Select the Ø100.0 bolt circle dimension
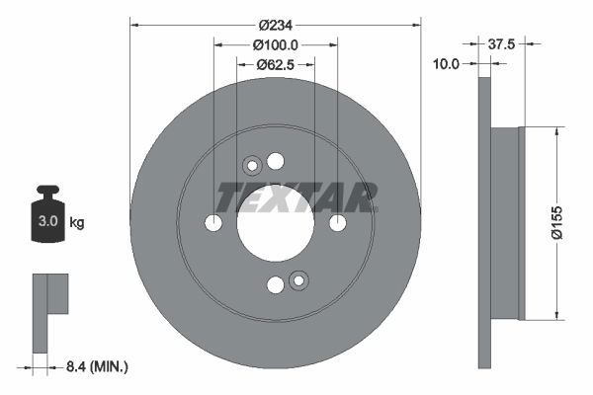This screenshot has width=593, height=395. pyautogui.click(x=276, y=45)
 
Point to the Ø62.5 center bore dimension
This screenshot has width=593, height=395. pyautogui.click(x=276, y=65)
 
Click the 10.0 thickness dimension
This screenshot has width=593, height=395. pyautogui.click(x=448, y=64)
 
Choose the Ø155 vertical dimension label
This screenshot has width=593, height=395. pyautogui.click(x=555, y=223)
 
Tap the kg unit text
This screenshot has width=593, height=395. pyautogui.click(x=76, y=223)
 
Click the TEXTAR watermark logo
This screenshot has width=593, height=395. pyautogui.click(x=296, y=197)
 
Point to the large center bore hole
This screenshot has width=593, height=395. pyautogui.click(x=275, y=223)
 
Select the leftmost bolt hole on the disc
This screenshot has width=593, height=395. pyautogui.click(x=213, y=223)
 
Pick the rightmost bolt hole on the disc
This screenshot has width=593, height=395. pyautogui.click(x=337, y=223)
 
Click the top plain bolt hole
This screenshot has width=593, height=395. pyautogui.click(x=275, y=161)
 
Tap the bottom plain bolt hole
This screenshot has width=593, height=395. pyautogui.click(x=275, y=285)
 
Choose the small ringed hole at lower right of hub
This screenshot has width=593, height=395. pyautogui.click(x=297, y=281)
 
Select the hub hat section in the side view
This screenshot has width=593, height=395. pyautogui.click(x=505, y=223)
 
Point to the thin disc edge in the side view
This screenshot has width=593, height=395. pyautogui.click(x=484, y=223)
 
